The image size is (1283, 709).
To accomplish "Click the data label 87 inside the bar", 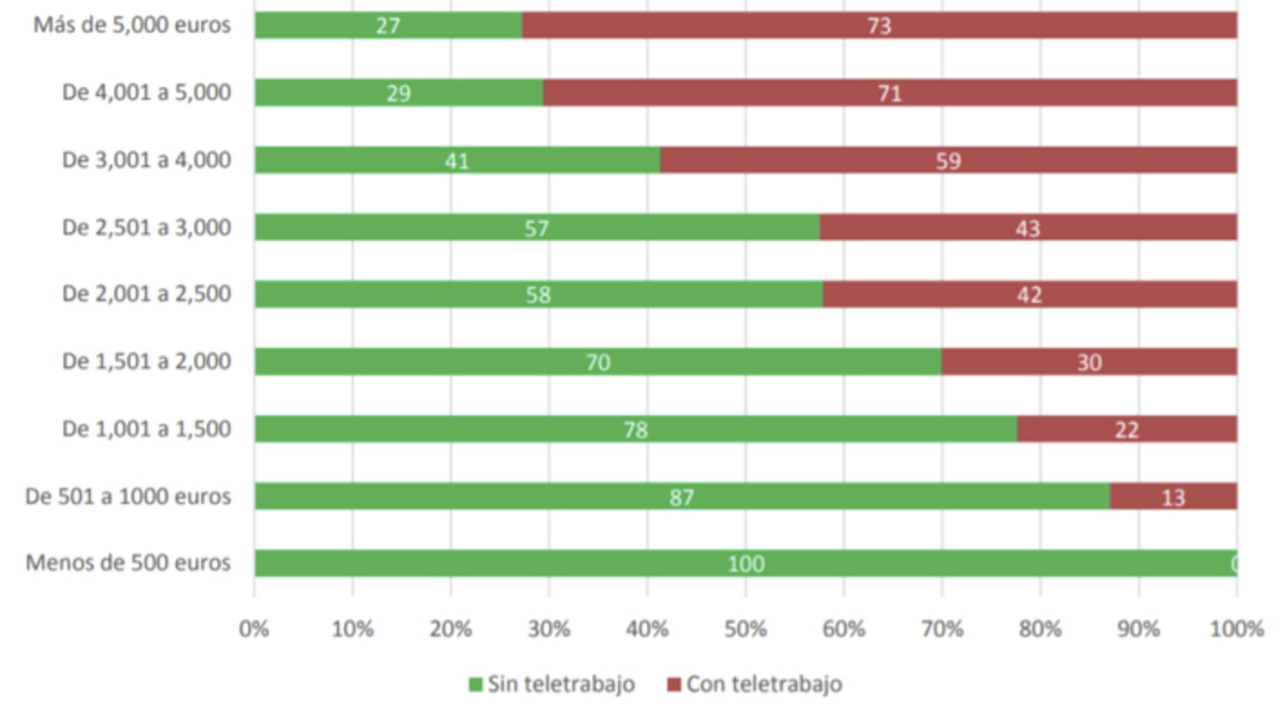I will click(681, 497).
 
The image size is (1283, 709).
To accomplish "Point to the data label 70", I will click(597, 363).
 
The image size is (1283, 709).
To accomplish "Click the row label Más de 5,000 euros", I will click(132, 25).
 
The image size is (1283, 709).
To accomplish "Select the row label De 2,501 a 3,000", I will click(146, 228).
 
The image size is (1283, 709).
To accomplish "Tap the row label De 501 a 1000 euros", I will click(128, 497).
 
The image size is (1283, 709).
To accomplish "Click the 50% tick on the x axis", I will click(745, 629).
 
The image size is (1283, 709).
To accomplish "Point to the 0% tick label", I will click(254, 629).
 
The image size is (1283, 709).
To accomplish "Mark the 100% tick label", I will click(1237, 629).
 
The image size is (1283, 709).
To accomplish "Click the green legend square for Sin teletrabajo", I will click(475, 685).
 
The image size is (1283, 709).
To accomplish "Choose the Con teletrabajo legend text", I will click(764, 685).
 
